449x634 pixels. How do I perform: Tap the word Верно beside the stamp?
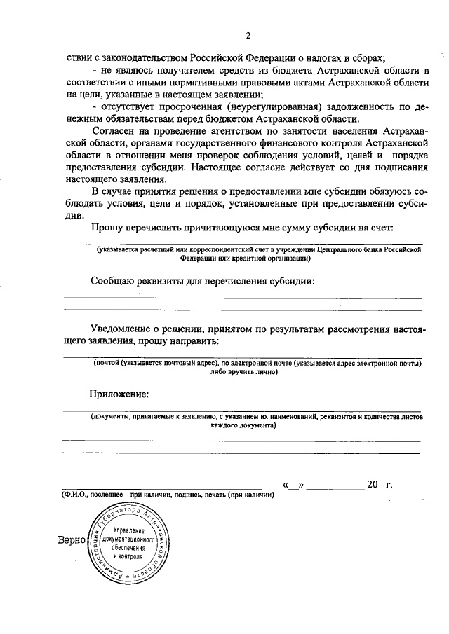pos(72,541)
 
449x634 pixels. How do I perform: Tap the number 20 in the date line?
pos(372,485)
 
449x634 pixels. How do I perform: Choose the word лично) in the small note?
pos(265,372)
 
